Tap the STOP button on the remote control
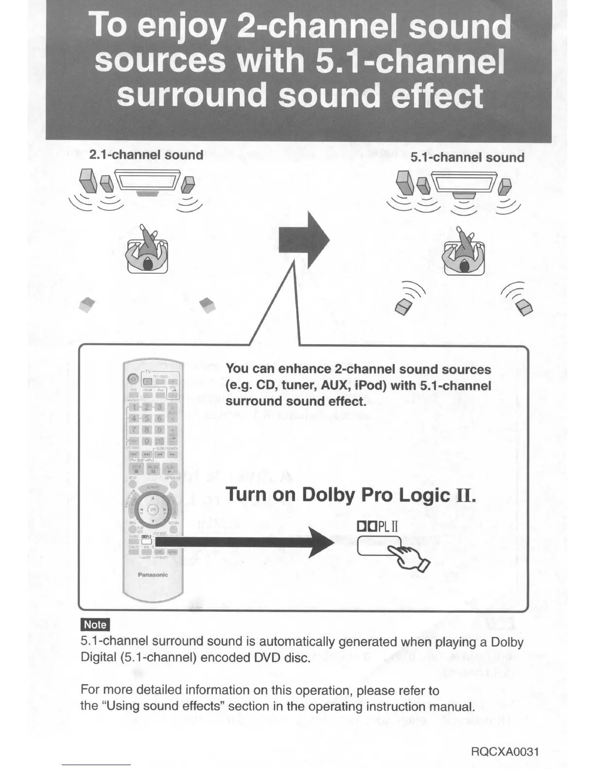click(x=137, y=469)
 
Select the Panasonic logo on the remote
click(x=153, y=575)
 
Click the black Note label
click(x=95, y=625)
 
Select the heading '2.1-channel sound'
click(x=146, y=155)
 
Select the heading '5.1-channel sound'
click(x=467, y=158)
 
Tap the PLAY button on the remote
click(x=171, y=469)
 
